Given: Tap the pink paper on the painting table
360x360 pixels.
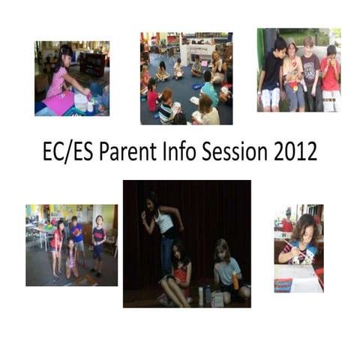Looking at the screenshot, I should tap(58, 103).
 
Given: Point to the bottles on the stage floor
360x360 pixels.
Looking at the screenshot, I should tap(204, 294).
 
